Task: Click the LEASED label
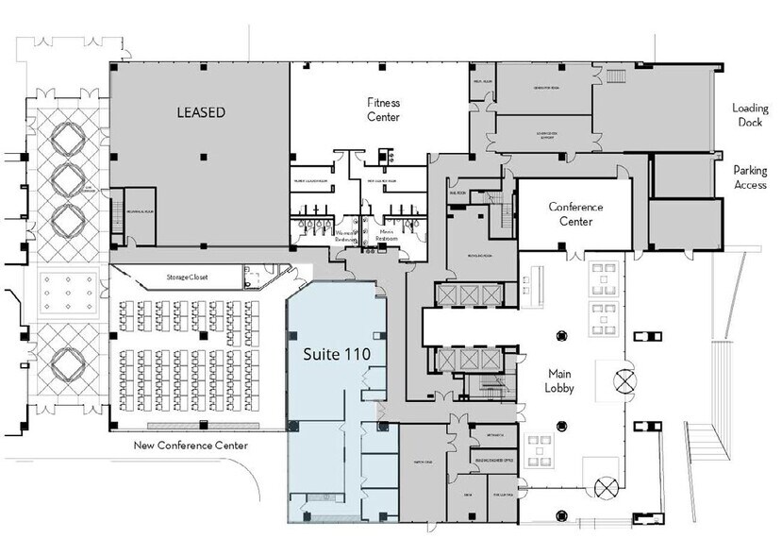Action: click(x=202, y=112)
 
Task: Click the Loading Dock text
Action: click(x=752, y=115)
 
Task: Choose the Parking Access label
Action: click(x=752, y=177)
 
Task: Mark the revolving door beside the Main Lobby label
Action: click(x=625, y=382)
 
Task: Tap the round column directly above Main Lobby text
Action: click(x=560, y=334)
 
